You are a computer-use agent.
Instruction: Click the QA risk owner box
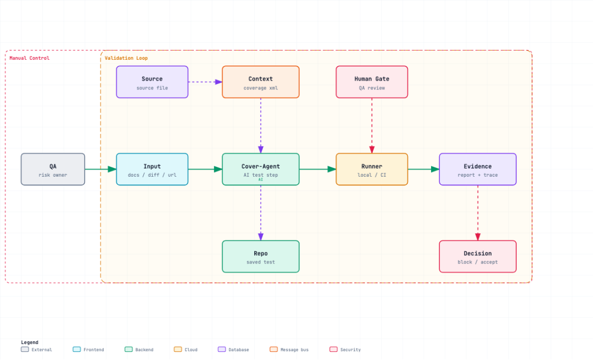53,170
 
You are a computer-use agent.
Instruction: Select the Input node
152,170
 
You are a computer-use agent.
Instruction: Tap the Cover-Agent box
261,170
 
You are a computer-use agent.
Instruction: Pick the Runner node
372,170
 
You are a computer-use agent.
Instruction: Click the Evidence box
478,170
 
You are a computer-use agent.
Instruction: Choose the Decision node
478,256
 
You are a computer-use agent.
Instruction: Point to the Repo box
261,256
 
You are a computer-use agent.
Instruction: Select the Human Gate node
372,82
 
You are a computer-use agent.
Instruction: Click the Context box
261,82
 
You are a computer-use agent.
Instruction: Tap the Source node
152,82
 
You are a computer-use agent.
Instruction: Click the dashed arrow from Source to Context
205,82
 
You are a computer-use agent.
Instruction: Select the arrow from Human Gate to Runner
372,126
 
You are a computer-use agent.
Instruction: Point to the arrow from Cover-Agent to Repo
261,213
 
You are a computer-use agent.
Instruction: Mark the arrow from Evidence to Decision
478,213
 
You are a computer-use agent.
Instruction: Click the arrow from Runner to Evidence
423,170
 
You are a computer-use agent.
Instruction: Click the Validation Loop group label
126,58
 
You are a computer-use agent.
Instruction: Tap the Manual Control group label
30,58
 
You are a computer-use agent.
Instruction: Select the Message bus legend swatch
273,350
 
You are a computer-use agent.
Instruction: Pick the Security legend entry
345,350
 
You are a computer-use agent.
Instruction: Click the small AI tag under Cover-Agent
261,179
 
